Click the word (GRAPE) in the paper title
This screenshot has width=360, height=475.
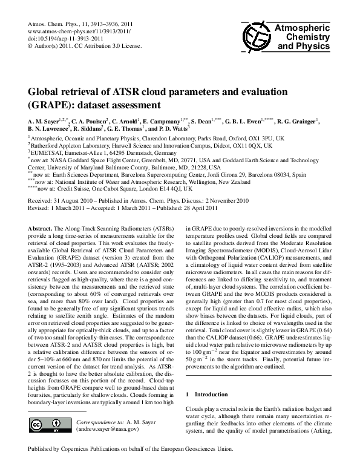pyautogui.click(x=55, y=103)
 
